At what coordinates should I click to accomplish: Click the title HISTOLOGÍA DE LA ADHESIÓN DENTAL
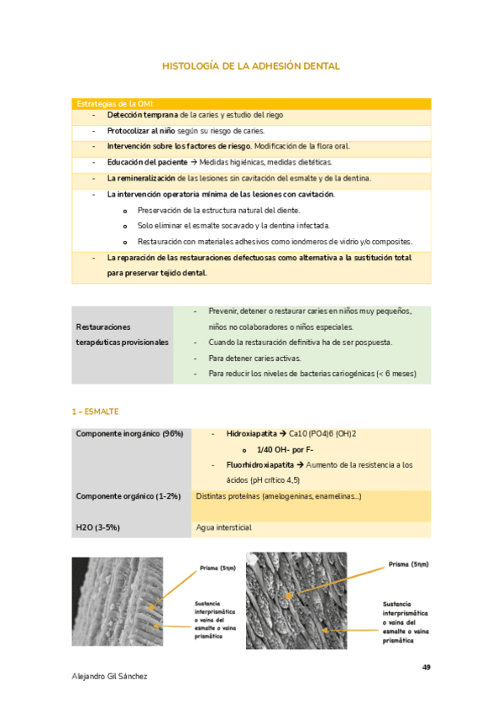250,65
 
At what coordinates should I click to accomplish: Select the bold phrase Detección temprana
141,114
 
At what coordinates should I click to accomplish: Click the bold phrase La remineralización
141,178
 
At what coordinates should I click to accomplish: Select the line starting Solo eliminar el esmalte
233,226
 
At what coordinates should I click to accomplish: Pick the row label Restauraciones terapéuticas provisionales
122,334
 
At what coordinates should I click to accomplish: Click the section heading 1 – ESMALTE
95,411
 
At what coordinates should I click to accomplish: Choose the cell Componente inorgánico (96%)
129,434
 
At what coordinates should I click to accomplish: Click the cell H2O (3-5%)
99,527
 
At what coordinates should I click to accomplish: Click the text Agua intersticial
223,527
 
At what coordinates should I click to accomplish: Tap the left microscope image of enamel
118,603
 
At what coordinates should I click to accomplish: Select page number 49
426,667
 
